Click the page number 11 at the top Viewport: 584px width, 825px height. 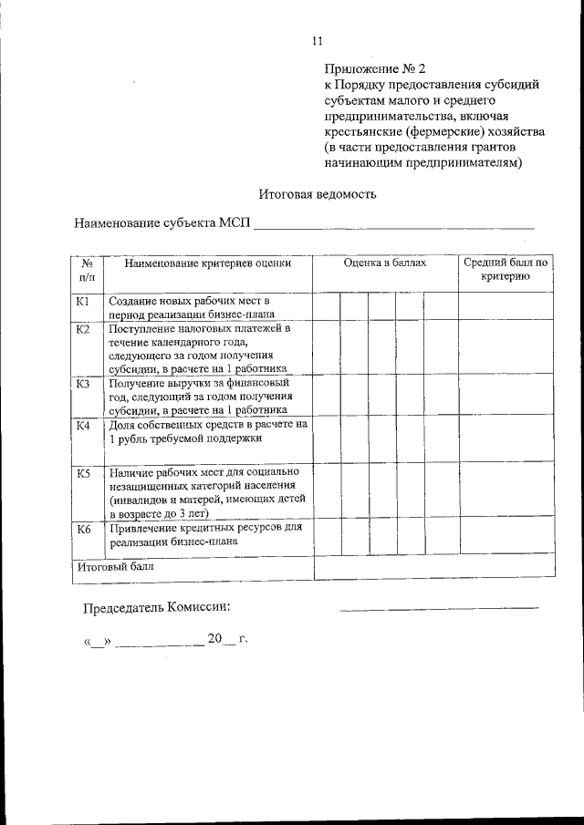point(317,40)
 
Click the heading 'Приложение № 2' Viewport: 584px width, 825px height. point(374,68)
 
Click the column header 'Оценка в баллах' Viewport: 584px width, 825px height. point(384,263)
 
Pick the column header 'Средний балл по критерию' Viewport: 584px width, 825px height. point(506,270)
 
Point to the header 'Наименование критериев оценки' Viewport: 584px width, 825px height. point(208,263)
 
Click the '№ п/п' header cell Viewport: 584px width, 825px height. point(88,270)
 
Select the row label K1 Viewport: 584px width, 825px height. point(83,301)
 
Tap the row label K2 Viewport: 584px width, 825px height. point(83,329)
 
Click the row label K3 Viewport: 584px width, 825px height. point(83,384)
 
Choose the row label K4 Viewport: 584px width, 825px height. point(83,426)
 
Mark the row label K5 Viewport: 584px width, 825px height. point(83,473)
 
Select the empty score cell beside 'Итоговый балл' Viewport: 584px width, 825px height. point(433,566)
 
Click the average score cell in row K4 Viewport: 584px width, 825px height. point(506,441)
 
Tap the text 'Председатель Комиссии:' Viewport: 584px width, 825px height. point(157,607)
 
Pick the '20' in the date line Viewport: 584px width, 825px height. point(214,639)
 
